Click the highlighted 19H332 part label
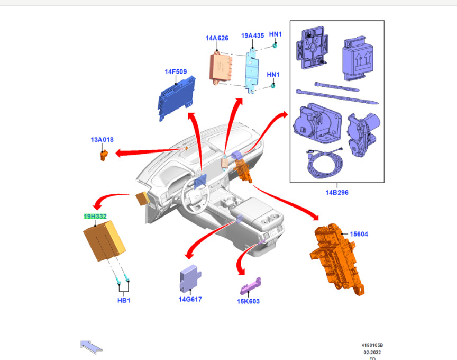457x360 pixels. click(95, 217)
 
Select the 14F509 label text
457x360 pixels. click(176, 71)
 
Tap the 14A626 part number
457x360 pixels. click(217, 38)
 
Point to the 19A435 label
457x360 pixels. click(252, 35)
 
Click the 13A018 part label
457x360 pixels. click(102, 140)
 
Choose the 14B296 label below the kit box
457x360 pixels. click(337, 192)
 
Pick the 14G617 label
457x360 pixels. click(190, 299)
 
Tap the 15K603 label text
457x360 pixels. click(248, 301)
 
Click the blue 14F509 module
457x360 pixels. click(177, 97)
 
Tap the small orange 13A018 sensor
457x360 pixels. click(104, 154)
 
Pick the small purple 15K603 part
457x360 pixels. click(252, 286)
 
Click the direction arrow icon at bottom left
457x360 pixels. click(91, 346)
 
